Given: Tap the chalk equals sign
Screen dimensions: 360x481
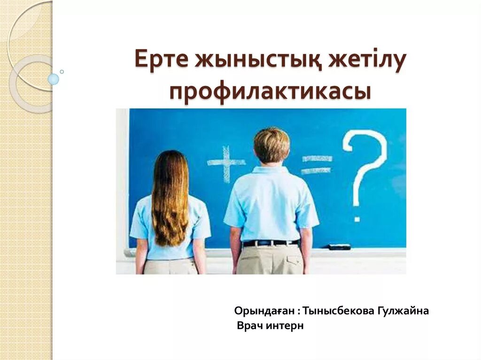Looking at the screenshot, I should (316, 164).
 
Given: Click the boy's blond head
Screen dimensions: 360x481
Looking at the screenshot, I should (272, 145).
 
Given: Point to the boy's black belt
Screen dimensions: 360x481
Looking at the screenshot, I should (271, 243).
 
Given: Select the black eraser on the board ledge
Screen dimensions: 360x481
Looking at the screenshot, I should (339, 246).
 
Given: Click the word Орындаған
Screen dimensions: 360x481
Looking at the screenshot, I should (265, 311).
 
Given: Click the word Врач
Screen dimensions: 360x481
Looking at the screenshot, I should (249, 326).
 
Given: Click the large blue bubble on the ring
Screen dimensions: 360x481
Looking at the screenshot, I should (54, 79).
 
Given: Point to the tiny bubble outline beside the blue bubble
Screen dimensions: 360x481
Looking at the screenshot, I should (62, 72).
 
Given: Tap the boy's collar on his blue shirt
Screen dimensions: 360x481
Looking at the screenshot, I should (272, 169).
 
